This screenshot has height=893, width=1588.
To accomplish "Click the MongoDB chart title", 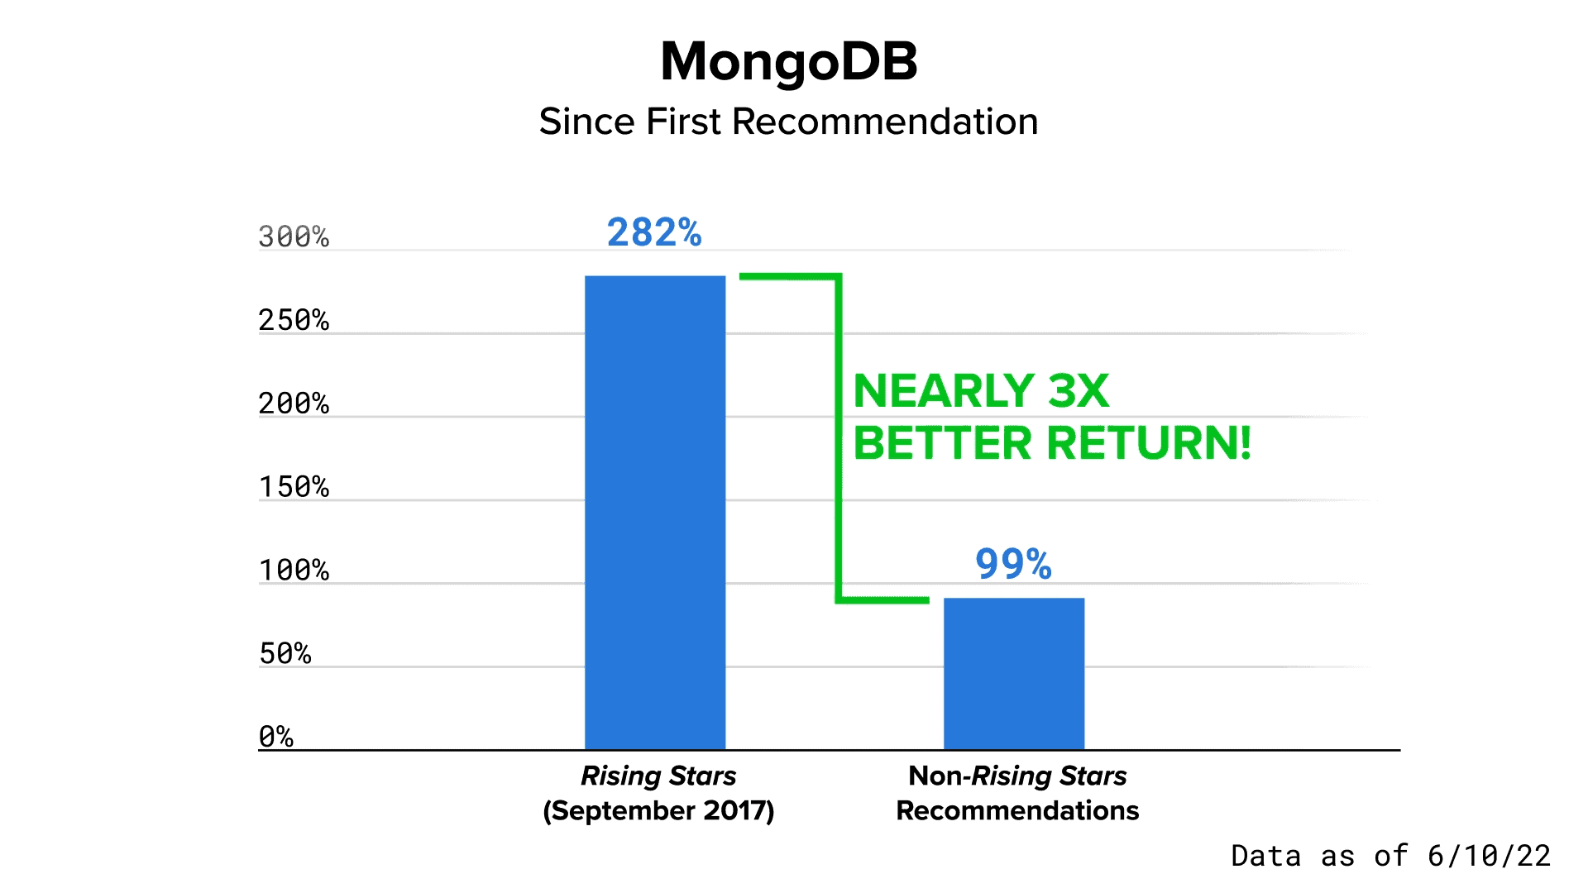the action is (789, 63).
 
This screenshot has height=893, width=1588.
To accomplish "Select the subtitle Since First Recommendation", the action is (788, 122).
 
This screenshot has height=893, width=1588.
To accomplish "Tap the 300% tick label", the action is (294, 236).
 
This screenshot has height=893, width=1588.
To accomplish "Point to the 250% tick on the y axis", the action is (294, 320).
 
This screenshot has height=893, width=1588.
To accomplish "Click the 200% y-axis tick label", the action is (294, 404).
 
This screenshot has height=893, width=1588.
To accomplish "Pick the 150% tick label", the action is (294, 487).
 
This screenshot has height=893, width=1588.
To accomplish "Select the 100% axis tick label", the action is (294, 571).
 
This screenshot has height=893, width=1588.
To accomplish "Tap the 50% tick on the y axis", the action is (285, 653).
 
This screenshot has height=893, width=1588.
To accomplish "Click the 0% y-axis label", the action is (276, 736).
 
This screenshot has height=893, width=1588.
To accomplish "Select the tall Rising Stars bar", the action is (655, 513).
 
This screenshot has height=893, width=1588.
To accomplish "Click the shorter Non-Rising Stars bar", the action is (1014, 674).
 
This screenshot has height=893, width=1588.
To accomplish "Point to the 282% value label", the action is (654, 232).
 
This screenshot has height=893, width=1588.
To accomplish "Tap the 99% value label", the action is (1013, 564).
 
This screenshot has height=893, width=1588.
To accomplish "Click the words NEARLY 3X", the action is (981, 391).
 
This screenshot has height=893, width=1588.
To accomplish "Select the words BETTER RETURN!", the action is (1052, 443).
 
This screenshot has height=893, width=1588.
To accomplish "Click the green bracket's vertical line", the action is (839, 438).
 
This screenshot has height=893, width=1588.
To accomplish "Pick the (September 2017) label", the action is (658, 810).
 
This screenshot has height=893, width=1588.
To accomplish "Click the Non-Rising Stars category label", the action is (1017, 776).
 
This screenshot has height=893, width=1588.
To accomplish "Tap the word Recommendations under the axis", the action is (1017, 810).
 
